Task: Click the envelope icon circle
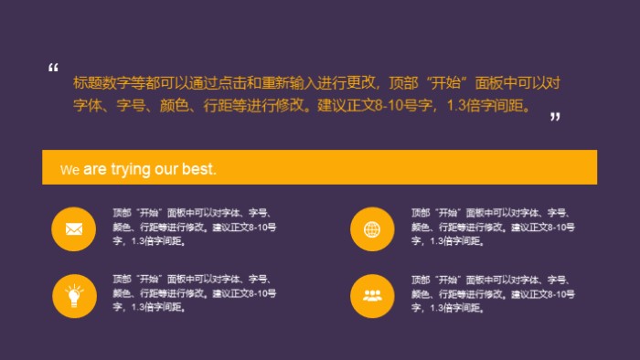coord(74,228)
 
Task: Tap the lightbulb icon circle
coord(74,294)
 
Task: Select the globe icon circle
coord(372,228)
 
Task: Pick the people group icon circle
coord(372,294)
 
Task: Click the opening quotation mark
coord(53,69)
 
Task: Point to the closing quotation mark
coord(554,118)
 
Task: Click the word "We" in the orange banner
coord(69,170)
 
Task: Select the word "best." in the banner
coord(200,169)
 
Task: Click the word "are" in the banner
coord(95,169)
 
